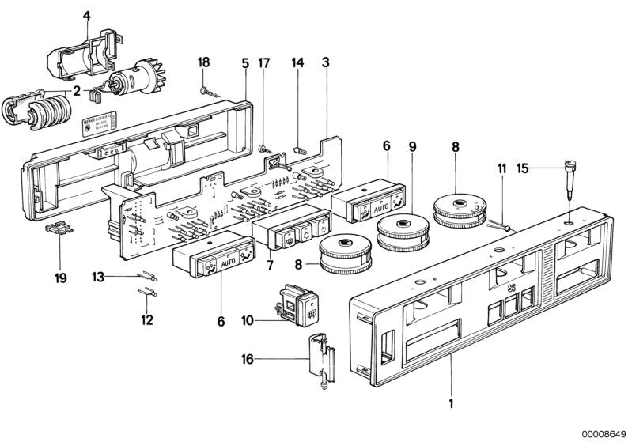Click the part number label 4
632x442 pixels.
click(87, 13)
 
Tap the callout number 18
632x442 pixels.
click(203, 62)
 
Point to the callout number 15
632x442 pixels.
click(522, 168)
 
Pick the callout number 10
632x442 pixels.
click(247, 321)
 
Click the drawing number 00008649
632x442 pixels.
click(604, 433)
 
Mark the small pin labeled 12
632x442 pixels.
click(148, 292)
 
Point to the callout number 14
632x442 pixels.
click(297, 62)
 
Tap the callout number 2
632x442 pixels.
click(76, 91)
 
